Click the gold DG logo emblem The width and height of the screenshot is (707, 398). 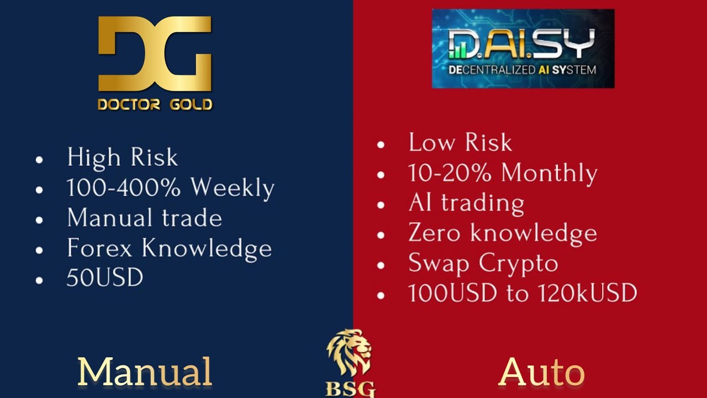155,54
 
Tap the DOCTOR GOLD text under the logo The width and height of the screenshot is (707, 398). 155,104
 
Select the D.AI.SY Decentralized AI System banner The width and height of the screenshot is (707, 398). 523,49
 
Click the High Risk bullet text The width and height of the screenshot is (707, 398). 123,158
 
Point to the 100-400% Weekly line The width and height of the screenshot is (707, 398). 170,188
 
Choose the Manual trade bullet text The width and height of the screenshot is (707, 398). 144,218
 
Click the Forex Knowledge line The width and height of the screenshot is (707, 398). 169,248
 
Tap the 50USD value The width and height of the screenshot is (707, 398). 105,278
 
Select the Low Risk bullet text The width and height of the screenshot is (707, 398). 460,143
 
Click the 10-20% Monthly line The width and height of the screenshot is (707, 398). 503,173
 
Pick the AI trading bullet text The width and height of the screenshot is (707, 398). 466,203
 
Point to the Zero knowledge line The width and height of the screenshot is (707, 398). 503,233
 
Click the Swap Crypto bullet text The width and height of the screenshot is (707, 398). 483,263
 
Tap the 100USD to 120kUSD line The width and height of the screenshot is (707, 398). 523,293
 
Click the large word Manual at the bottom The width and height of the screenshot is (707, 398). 145,371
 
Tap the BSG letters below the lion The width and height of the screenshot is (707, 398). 350,389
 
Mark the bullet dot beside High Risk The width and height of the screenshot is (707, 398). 39,160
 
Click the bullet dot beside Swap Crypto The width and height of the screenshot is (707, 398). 380,265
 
